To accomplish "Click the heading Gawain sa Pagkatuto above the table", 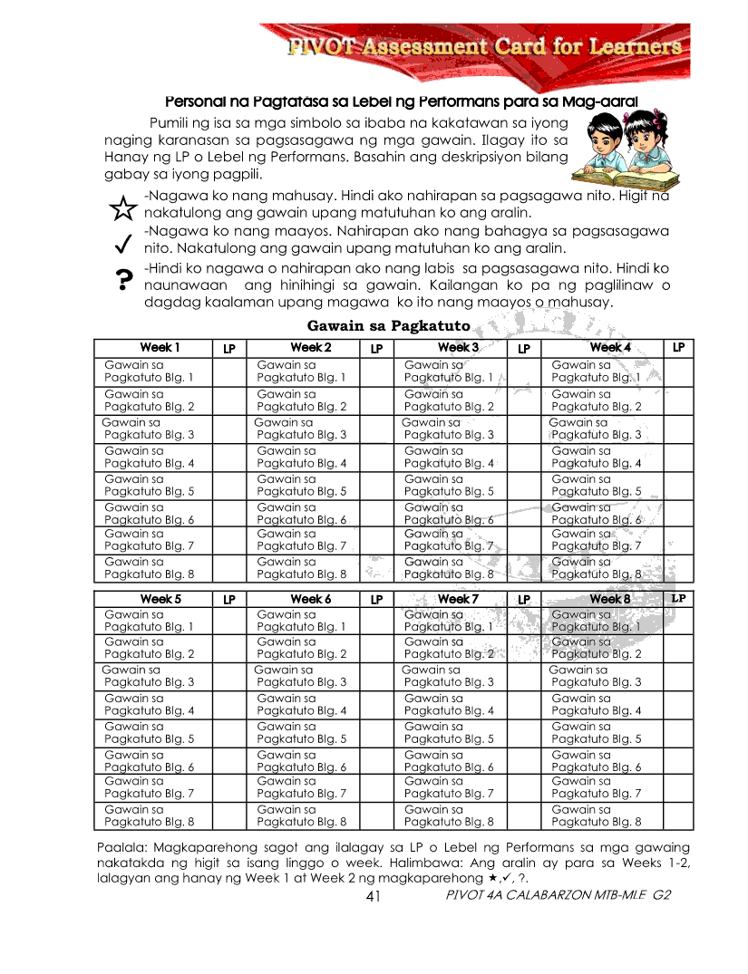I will (x=388, y=326).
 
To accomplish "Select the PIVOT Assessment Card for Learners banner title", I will (x=484, y=46).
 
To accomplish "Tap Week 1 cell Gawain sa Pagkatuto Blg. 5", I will (x=149, y=486).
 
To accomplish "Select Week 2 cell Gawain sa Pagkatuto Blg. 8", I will (x=301, y=568).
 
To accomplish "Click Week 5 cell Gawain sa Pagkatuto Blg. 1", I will (x=149, y=621).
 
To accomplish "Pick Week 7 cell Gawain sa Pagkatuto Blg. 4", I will (x=449, y=705).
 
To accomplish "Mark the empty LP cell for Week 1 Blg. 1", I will (x=228, y=371).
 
